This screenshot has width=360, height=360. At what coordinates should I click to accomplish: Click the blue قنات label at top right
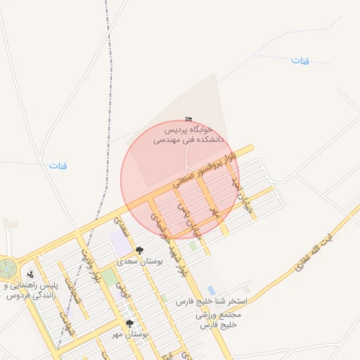tap(300, 61)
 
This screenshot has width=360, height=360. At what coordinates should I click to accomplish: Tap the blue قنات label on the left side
tap(58, 167)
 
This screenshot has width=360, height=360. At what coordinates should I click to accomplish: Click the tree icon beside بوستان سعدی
tap(139, 250)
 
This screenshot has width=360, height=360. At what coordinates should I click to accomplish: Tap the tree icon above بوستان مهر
tap(129, 323)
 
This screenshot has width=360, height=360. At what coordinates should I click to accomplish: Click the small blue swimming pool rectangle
tap(211, 290)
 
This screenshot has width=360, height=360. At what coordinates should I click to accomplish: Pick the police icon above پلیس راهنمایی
tap(30, 274)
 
